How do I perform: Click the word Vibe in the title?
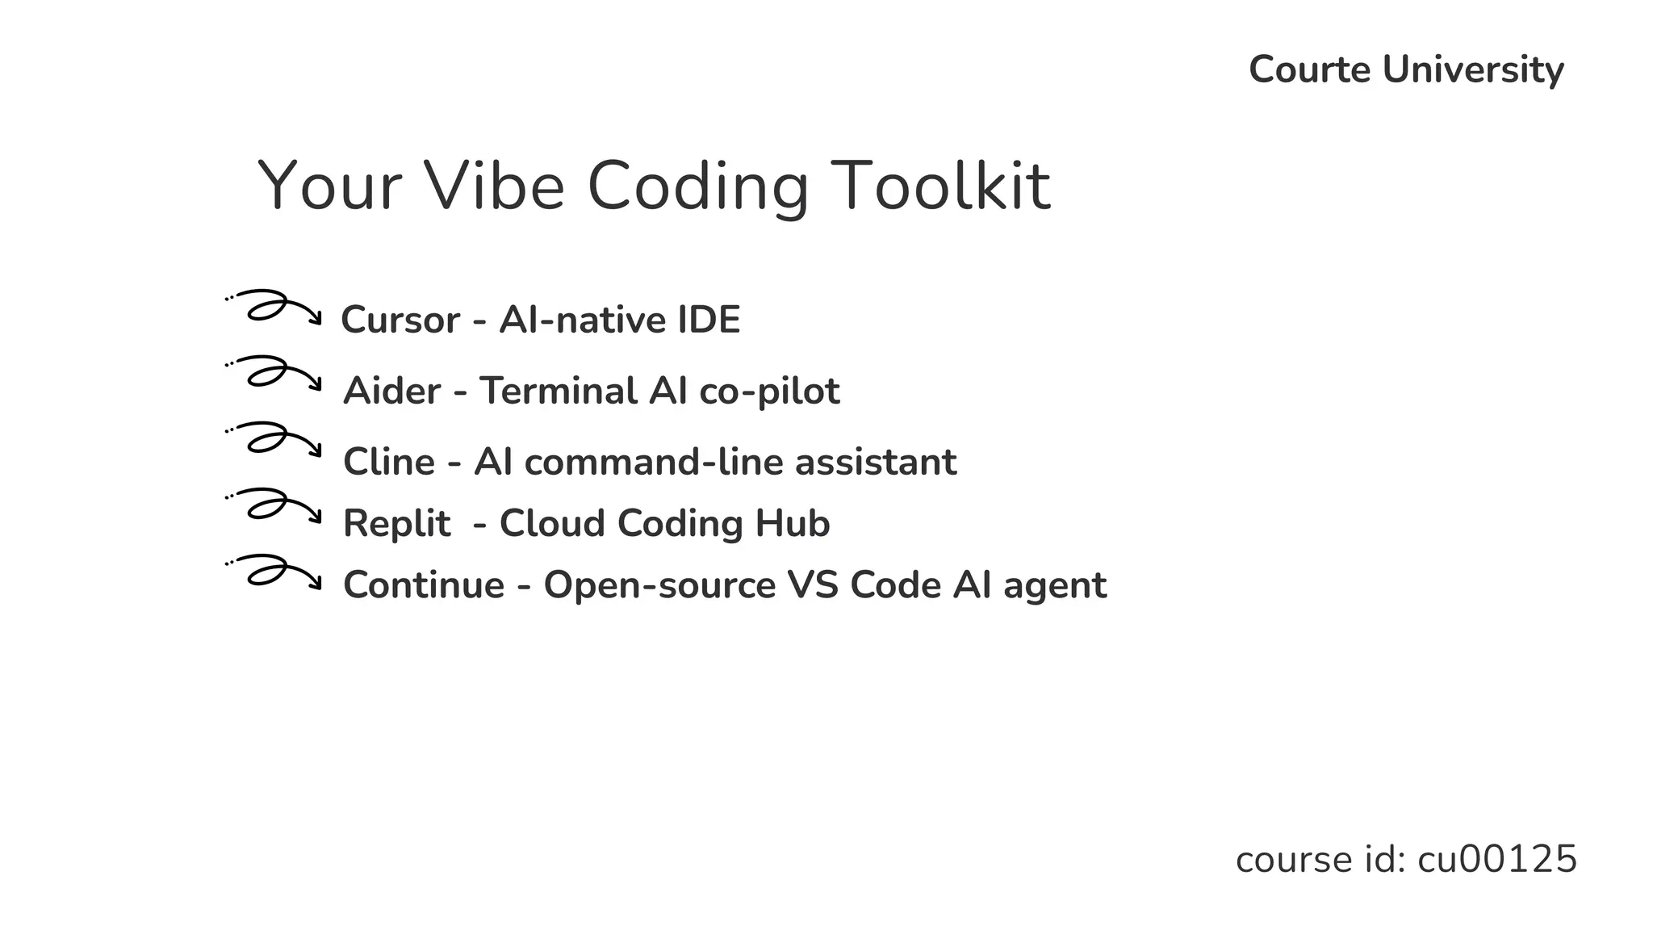coord(494,186)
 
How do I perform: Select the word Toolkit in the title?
coord(940,186)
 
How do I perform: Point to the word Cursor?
coord(400,320)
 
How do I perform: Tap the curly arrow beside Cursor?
coord(274,307)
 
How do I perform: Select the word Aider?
coord(391,391)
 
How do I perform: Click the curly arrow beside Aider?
coord(274,373)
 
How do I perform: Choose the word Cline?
coord(389,462)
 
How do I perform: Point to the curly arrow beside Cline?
coord(274,439)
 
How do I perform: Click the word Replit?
coord(396,524)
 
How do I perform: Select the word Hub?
coord(792,523)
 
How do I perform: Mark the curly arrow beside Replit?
coord(274,505)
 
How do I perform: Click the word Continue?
coord(424,584)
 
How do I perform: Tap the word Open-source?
coord(659,585)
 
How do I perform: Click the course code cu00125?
coord(1496,859)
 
